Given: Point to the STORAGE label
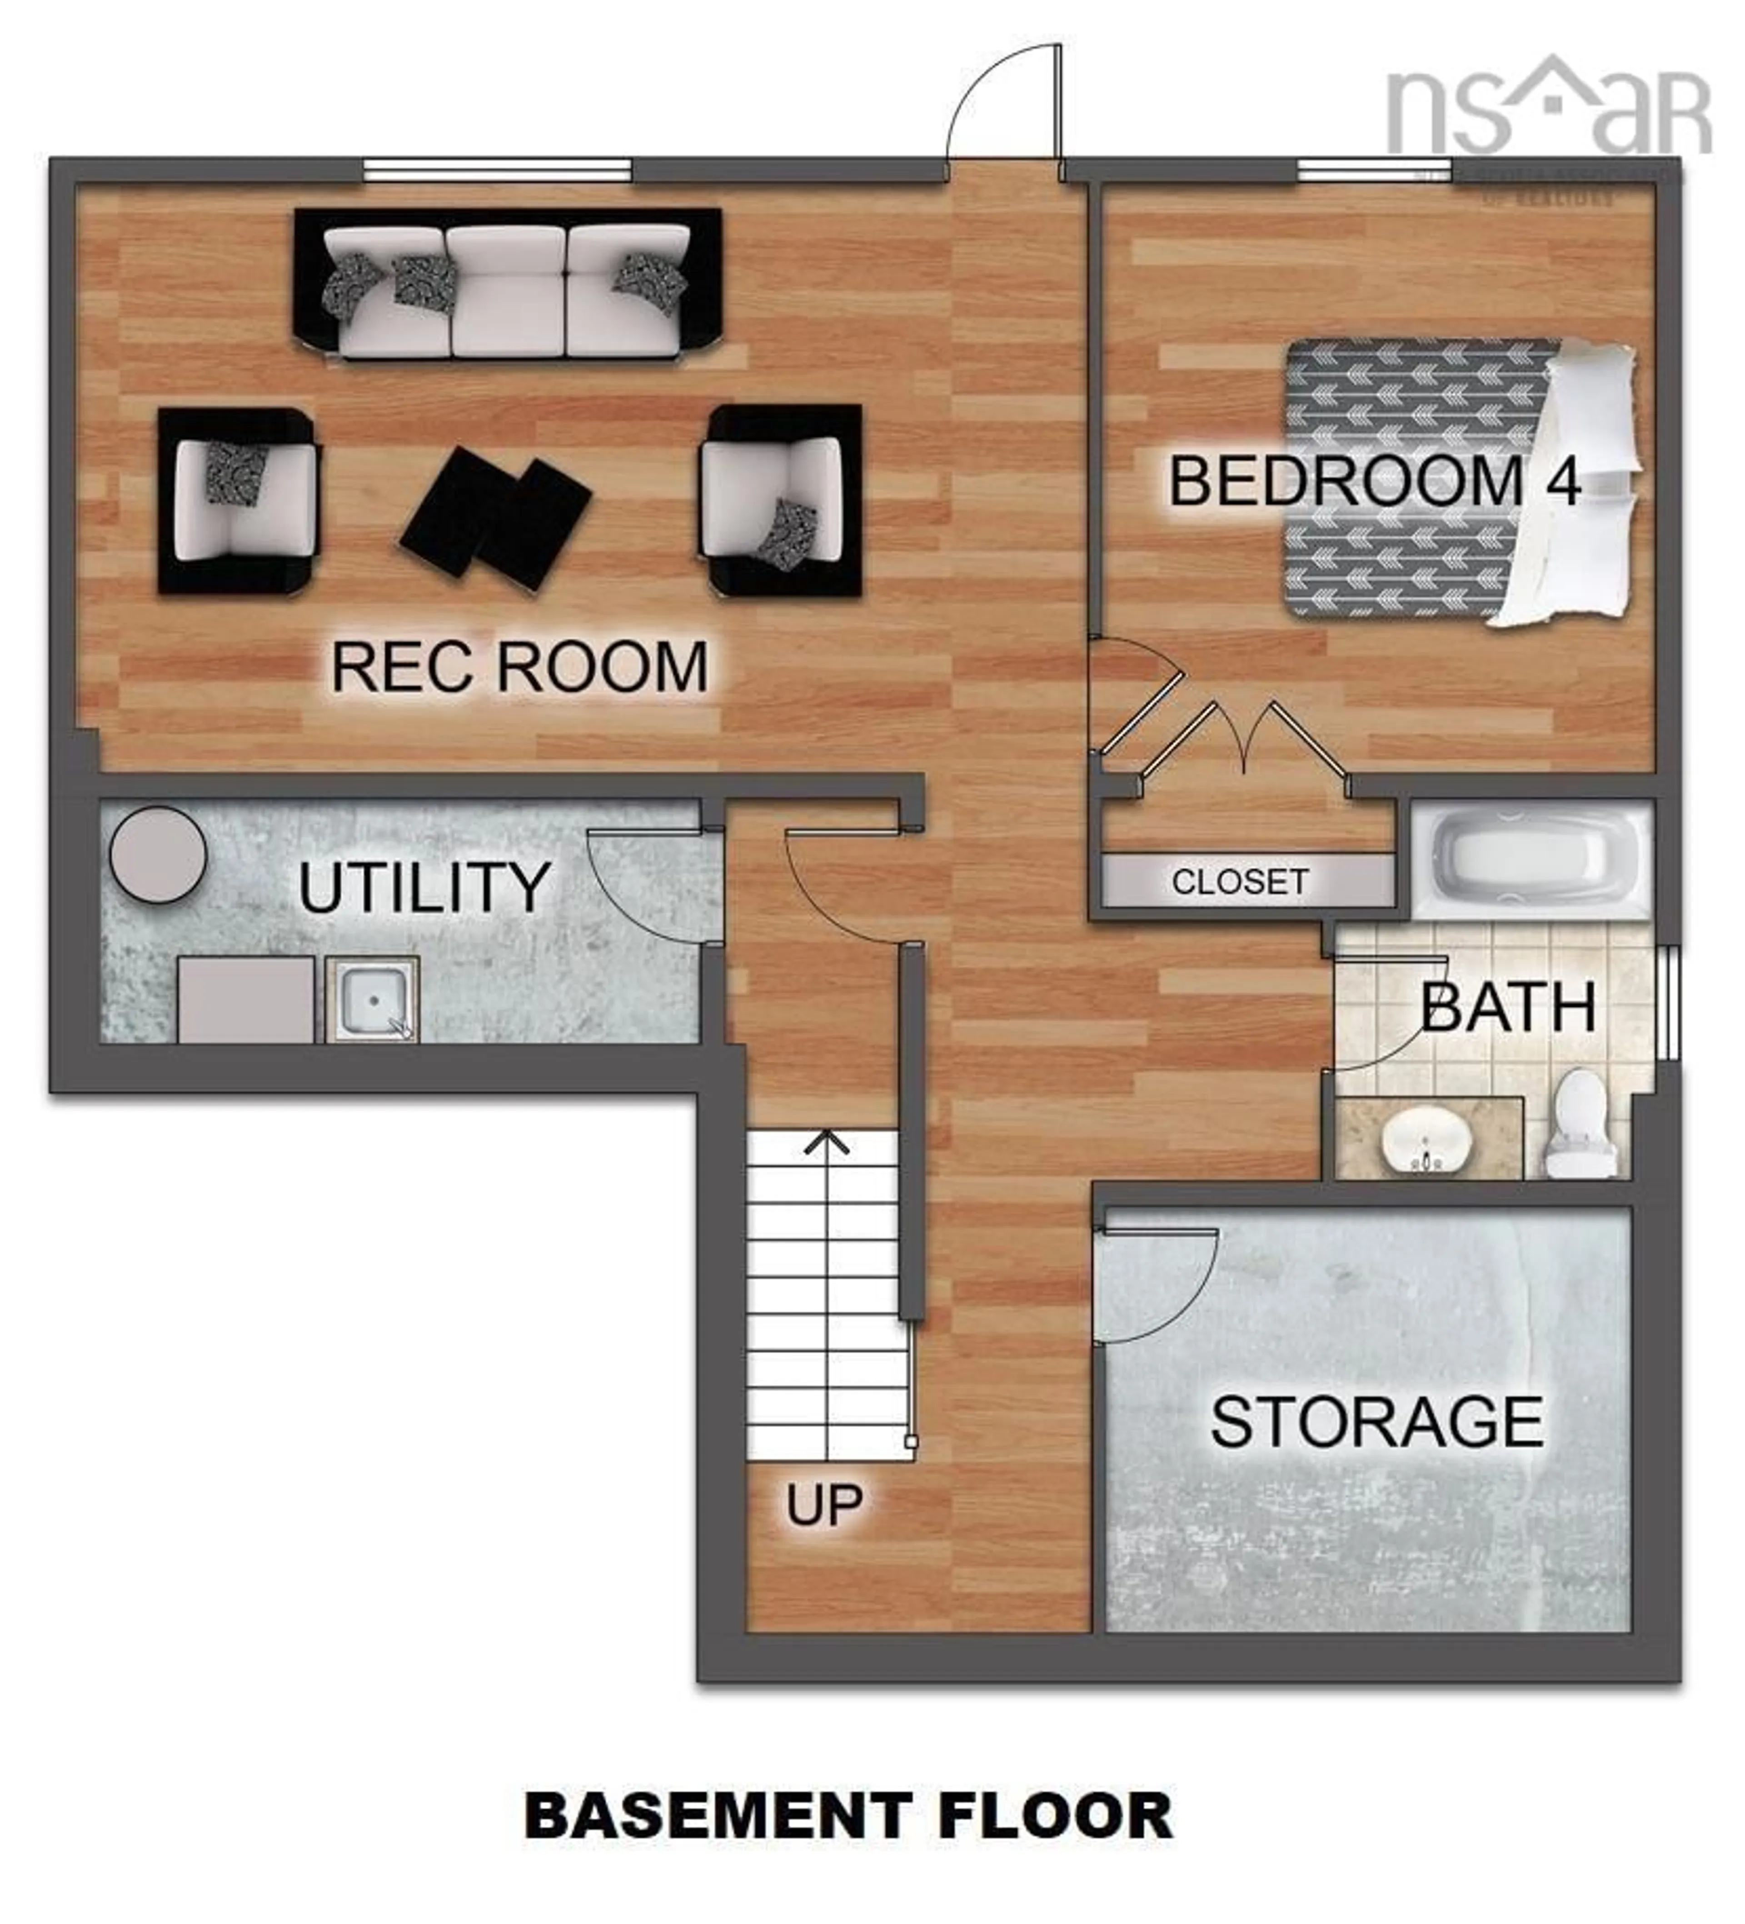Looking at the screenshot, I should (1376, 1423).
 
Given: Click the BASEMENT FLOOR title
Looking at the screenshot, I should (847, 1815).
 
